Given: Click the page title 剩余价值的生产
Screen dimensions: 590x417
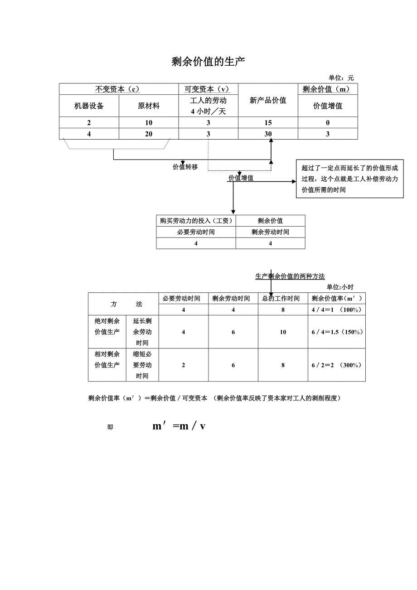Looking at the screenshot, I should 208,62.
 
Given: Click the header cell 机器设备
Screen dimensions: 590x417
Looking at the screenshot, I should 89,106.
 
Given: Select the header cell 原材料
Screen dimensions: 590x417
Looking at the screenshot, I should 149,106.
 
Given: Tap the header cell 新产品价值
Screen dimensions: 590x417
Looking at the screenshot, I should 268,101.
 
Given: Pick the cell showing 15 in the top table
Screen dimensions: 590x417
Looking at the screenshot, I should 268,123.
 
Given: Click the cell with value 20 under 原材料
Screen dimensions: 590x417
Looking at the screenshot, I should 149,134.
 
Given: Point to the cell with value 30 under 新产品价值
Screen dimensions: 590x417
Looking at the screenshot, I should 268,134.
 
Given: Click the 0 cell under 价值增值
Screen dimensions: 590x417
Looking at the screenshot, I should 328,123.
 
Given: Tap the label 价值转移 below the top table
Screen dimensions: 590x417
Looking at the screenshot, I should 185,167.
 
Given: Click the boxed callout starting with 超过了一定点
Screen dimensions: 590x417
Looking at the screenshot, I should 349,179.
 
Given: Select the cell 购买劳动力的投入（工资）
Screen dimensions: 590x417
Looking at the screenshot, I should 196,221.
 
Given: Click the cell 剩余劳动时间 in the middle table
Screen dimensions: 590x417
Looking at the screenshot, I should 270,232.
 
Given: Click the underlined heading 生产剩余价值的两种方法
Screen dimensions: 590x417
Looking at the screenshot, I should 290,276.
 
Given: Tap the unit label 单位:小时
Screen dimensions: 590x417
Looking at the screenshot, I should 340,287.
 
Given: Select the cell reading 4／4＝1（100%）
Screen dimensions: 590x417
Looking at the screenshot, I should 336,310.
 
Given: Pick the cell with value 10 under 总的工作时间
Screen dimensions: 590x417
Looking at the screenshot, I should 283,332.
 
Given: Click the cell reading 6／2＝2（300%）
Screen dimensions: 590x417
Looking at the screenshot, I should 336,365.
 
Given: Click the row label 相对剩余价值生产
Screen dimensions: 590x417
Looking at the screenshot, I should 107,360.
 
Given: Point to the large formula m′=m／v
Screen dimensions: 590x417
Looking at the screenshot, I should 179,426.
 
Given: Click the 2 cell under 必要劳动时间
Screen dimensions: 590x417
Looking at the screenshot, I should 183,365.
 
